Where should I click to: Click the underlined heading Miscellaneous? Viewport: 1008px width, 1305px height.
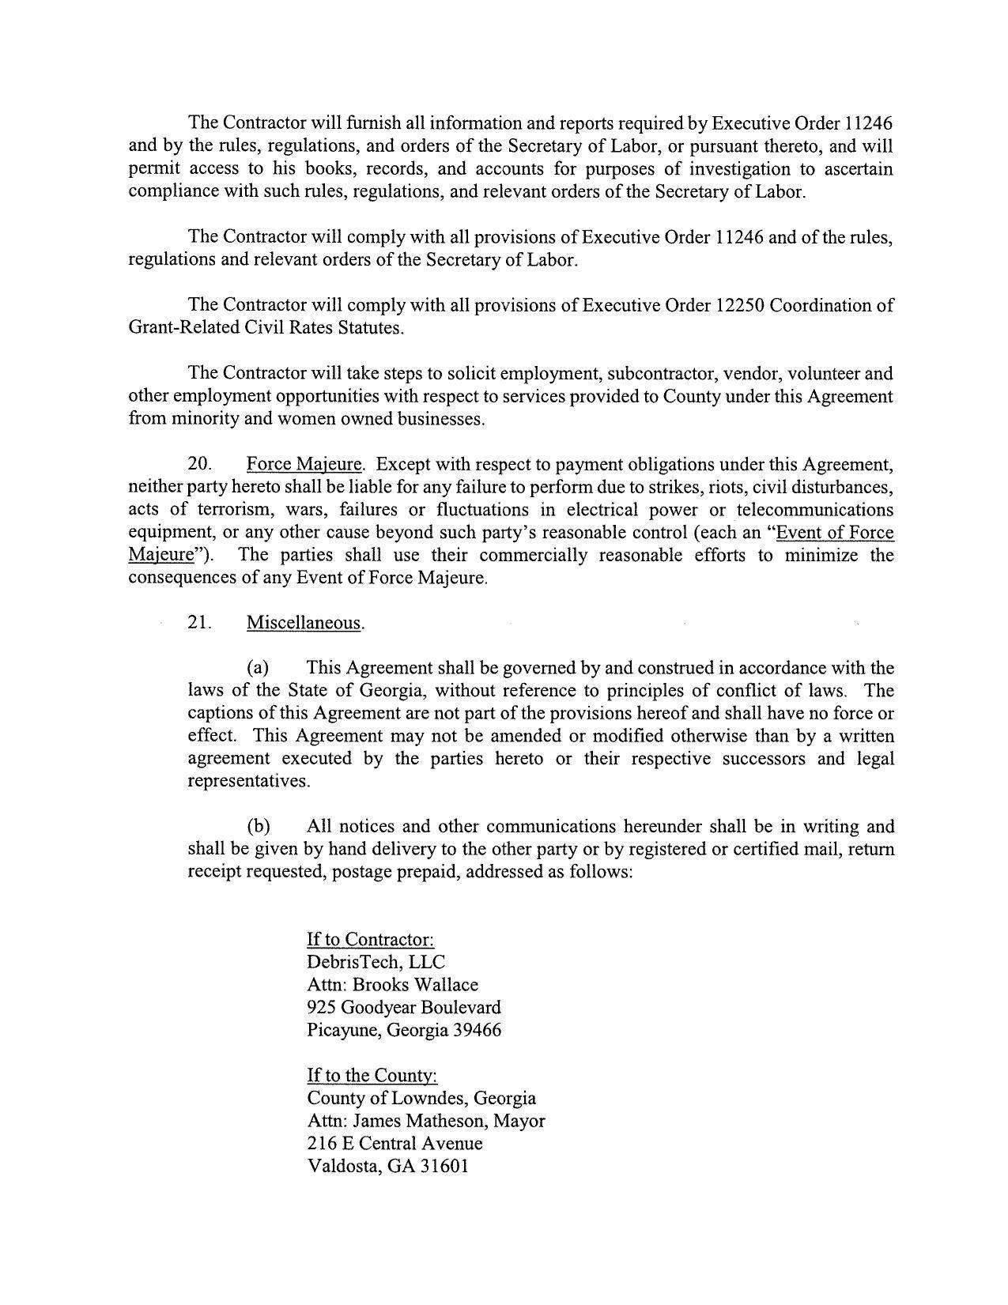305,623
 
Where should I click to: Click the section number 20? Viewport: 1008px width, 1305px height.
199,464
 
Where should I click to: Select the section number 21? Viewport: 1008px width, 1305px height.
199,623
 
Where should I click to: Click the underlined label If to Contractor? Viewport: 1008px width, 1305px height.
371,940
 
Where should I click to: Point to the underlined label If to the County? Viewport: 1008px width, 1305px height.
372,1076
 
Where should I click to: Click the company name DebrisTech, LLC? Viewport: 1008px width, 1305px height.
376,962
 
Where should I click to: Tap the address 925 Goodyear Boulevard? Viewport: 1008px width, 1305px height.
403,1008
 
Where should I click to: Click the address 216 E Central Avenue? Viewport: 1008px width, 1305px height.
395,1144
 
